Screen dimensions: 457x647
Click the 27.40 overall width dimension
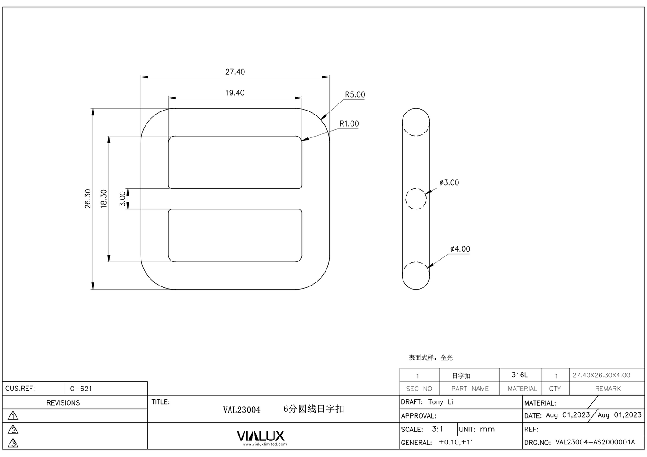pyautogui.click(x=235, y=72)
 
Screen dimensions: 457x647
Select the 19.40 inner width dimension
pyautogui.click(x=235, y=93)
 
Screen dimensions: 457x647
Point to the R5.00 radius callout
pyautogui.click(x=355, y=94)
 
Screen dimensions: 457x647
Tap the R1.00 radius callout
pyautogui.click(x=349, y=124)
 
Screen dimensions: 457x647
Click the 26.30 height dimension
pyautogui.click(x=88, y=198)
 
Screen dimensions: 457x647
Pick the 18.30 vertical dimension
pyautogui.click(x=103, y=198)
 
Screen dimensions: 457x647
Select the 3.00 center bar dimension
pyautogui.click(x=122, y=198)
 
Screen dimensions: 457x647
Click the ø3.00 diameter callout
pyautogui.click(x=449, y=183)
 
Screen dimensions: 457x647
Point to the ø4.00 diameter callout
pyautogui.click(x=460, y=249)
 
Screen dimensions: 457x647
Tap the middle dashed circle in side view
pyautogui.click(x=416, y=199)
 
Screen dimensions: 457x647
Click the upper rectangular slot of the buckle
pyautogui.click(x=235, y=162)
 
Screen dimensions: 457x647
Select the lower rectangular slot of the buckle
pyautogui.click(x=235, y=235)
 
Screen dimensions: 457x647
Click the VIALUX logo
pyautogui.click(x=260, y=436)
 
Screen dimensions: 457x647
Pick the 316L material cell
pyautogui.click(x=520, y=375)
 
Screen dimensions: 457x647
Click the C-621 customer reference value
pyautogui.click(x=81, y=389)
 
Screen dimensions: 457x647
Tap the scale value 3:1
pyautogui.click(x=437, y=429)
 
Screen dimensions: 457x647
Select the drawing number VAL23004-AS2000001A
pyautogui.click(x=595, y=442)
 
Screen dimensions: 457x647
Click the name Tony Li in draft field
pyautogui.click(x=441, y=402)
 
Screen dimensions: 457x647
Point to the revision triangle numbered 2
pyautogui.click(x=13, y=430)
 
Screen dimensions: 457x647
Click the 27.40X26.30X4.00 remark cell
pyautogui.click(x=601, y=375)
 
